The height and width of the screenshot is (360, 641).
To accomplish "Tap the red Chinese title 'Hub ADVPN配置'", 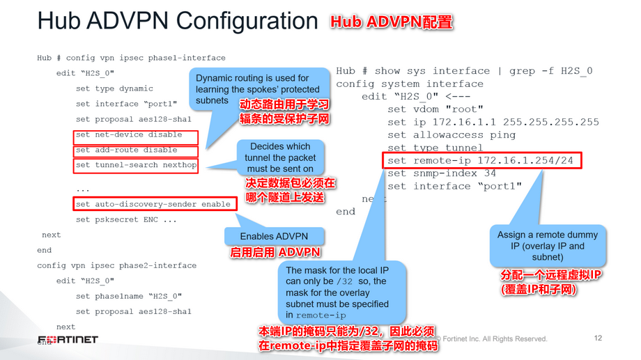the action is [392, 22].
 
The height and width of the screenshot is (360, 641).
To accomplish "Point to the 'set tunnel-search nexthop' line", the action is [135, 166].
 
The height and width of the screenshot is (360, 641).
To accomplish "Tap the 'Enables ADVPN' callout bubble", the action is [274, 237].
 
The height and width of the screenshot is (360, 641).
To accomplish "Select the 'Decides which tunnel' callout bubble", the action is [280, 157].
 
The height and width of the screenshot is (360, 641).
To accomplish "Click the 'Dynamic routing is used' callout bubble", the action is [258, 89].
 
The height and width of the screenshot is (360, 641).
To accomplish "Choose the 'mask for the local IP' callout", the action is [337, 292].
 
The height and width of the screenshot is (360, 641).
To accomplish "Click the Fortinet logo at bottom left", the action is [68, 340].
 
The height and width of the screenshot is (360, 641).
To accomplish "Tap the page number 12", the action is [598, 338].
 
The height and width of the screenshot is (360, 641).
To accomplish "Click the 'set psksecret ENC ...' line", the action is [125, 220].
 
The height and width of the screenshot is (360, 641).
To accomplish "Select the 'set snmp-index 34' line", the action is [442, 173].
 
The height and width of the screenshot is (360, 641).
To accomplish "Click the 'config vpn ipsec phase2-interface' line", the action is [117, 265].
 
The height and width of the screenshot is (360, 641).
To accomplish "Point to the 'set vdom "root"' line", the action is [435, 109].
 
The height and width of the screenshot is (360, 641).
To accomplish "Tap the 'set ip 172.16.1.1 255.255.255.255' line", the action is [493, 122].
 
